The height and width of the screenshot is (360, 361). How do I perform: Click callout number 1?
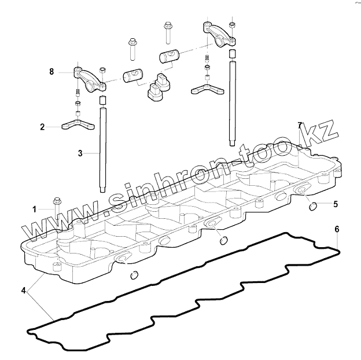(x=34, y=208)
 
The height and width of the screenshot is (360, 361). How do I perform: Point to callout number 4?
(x=23, y=289)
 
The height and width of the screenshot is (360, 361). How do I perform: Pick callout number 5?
(x=335, y=204)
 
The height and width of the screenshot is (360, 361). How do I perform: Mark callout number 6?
(x=337, y=230)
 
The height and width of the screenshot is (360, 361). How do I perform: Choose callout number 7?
(x=300, y=125)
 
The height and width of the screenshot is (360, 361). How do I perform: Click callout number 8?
(x=51, y=72)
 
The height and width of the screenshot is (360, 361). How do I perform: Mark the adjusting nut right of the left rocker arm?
(x=102, y=71)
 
